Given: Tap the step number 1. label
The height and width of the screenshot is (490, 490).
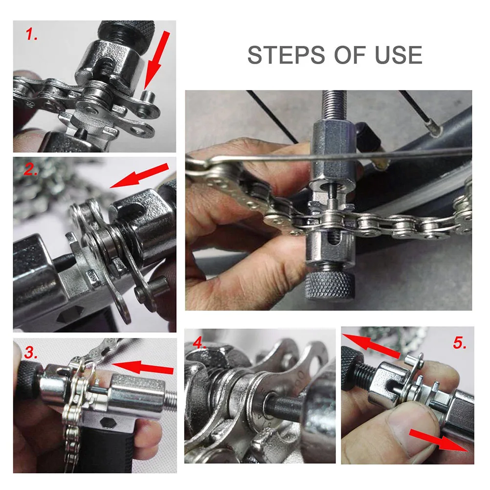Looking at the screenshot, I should [x=31, y=35].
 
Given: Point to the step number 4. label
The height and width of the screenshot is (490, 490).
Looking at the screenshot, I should [x=200, y=342].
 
